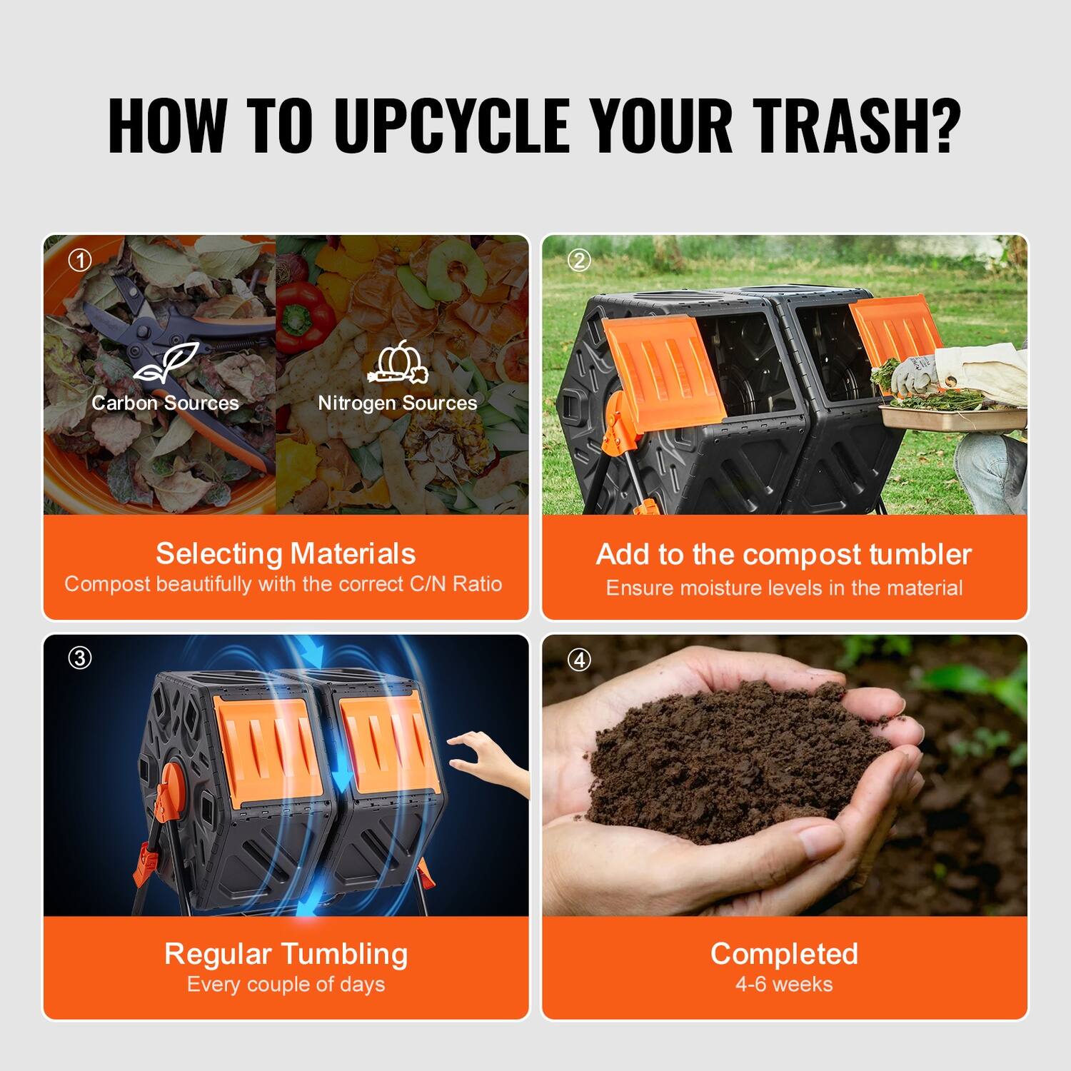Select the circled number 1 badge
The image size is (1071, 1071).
tap(80, 261)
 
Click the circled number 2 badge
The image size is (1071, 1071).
tap(579, 261)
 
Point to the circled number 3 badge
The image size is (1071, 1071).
tap(80, 658)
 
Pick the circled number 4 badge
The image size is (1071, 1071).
tap(579, 660)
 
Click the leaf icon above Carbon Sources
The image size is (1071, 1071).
tap(166, 363)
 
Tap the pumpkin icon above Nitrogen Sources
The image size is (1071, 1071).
tap(398, 363)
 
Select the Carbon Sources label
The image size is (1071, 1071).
tap(165, 403)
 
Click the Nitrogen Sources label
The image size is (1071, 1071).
tap(398, 403)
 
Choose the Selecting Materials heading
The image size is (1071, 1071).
tap(286, 553)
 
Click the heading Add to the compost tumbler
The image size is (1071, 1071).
tap(784, 554)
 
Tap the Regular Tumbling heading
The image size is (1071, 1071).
tap(286, 953)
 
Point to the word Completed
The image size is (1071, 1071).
tap(784, 953)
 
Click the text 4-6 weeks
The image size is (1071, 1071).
tap(784, 984)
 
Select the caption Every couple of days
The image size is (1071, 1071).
tap(286, 984)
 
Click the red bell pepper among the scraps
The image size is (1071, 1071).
tap(303, 314)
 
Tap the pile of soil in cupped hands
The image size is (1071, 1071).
tap(735, 757)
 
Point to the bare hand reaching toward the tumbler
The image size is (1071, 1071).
tap(489, 760)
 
